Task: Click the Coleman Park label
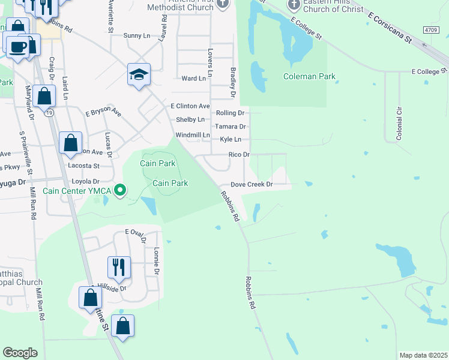[x=309, y=77]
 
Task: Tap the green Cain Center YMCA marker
[x=120, y=191]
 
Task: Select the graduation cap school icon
[x=139, y=75]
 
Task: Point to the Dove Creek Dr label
[x=252, y=185]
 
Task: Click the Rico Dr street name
[x=239, y=155]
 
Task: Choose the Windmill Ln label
[x=193, y=136]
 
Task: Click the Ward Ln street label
[x=193, y=79]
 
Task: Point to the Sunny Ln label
[x=137, y=36]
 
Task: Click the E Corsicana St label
[x=390, y=29]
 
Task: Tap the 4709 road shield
[x=430, y=29]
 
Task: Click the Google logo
[x=20, y=353]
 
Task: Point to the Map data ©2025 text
[x=423, y=355]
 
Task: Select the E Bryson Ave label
[x=103, y=113]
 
